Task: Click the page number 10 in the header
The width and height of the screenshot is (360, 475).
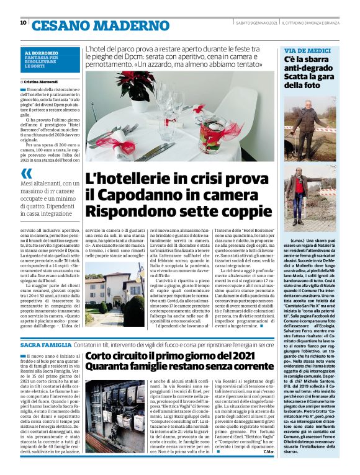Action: coord(23,23)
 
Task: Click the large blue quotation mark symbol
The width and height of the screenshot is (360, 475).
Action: coord(26,173)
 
